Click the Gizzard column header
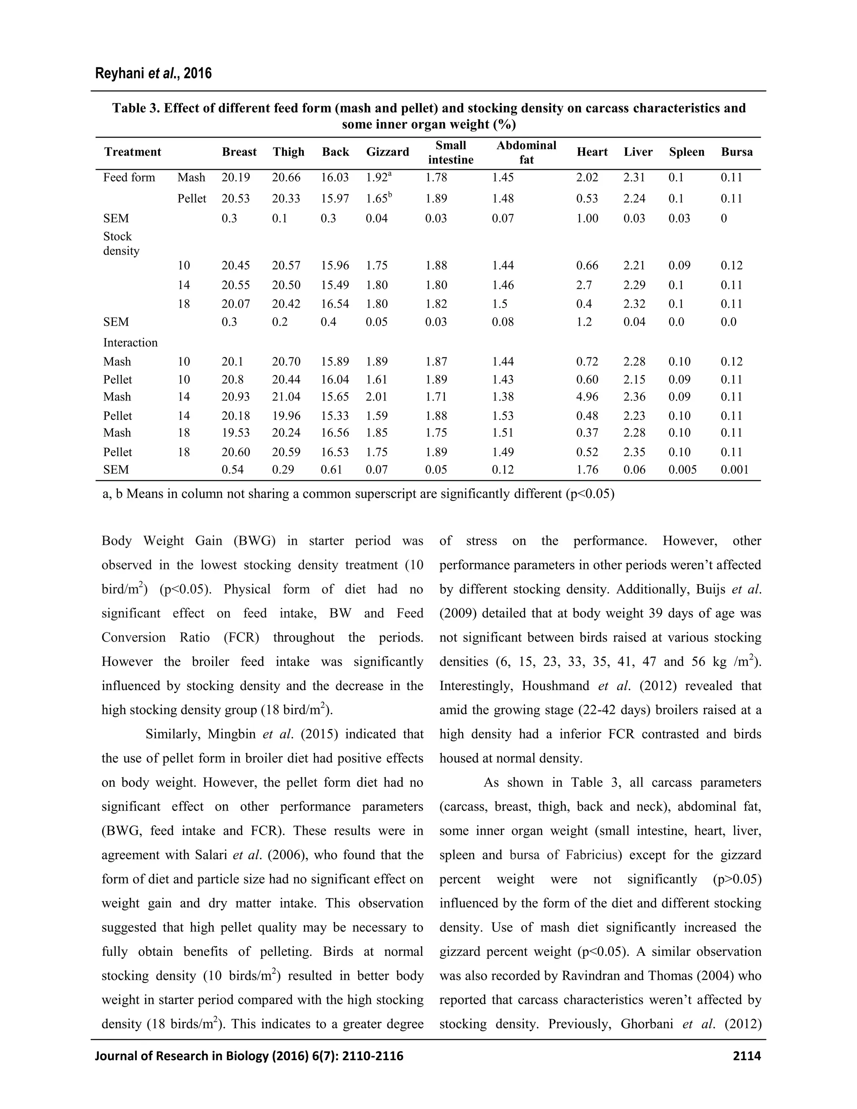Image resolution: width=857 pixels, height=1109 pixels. click(387, 152)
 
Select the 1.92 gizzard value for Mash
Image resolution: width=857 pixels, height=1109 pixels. click(378, 178)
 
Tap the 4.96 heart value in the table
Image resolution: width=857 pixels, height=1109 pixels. click(588, 397)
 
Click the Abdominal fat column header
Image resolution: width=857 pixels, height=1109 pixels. click(526, 152)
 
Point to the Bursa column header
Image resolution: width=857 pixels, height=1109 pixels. click(736, 152)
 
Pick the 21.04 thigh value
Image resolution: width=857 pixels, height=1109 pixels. click(286, 397)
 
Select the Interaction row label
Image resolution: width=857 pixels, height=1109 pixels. click(131, 343)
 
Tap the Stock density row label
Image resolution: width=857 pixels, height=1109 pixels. click(121, 244)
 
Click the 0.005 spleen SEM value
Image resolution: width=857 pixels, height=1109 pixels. click(683, 470)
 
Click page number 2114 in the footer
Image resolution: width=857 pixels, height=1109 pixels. click(747, 1056)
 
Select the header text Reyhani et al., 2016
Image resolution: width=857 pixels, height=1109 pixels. click(153, 74)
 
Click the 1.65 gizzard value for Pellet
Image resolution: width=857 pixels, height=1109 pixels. click(378, 198)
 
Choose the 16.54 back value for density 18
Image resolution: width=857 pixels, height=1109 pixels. click(335, 304)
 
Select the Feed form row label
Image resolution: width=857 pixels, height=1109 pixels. click(129, 178)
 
